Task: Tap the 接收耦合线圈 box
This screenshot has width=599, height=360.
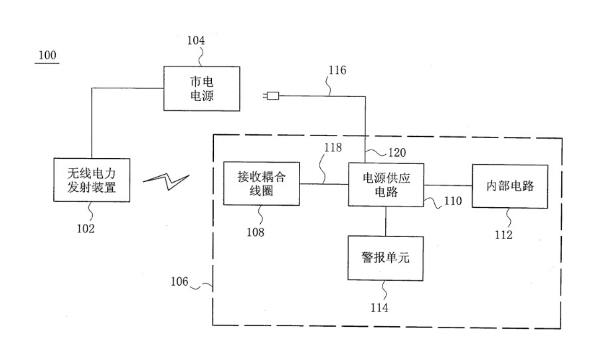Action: (x=260, y=183)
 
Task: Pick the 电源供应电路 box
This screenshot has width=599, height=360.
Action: (x=386, y=184)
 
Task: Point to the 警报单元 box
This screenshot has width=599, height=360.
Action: (x=386, y=257)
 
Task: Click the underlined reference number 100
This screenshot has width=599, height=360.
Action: (x=47, y=55)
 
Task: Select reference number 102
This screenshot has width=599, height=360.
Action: (x=85, y=228)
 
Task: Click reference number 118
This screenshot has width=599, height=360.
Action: (x=333, y=147)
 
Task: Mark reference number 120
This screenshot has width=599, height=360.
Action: (x=397, y=153)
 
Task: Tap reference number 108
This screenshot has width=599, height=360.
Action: (x=254, y=232)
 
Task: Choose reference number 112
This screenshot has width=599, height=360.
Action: (x=503, y=234)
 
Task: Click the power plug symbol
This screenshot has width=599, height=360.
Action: (x=271, y=96)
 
